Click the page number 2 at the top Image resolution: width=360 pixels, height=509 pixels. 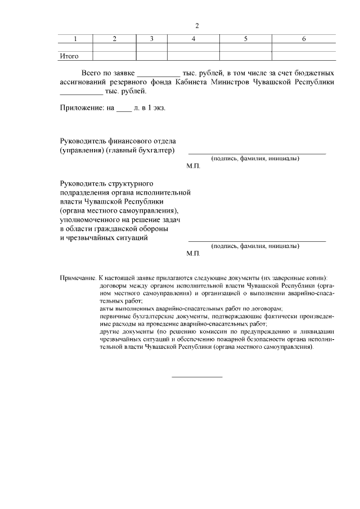click(197, 26)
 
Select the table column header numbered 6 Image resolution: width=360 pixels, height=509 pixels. click(304, 39)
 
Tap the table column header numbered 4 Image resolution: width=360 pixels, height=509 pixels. click(193, 39)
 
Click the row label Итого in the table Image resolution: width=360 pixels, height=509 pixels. click(69, 56)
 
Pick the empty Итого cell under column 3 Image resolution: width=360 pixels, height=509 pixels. click(152, 56)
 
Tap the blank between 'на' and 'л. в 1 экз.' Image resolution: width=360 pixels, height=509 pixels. click(123, 109)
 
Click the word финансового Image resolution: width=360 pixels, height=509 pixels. click(130, 141)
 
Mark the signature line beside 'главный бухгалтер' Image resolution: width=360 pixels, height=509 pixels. click(256, 153)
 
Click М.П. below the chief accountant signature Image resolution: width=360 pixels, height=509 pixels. click(193, 167)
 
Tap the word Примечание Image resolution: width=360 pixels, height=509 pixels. click(78, 278)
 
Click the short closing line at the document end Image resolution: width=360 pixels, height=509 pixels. click(197, 376)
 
